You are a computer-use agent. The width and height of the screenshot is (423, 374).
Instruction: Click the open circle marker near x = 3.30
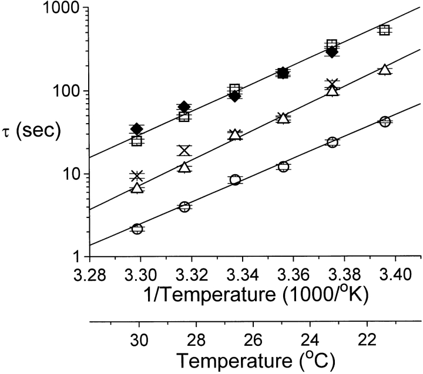pos(137,229)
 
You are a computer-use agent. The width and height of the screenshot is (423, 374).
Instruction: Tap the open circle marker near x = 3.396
pos(385,121)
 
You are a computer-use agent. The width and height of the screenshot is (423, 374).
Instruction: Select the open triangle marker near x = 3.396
pos(385,70)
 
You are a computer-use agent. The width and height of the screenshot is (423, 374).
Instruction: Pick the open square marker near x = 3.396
pos(385,30)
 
